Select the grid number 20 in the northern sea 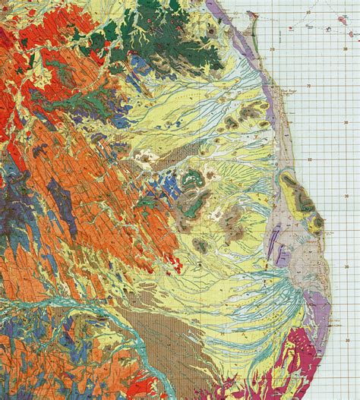(x=271, y=48)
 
